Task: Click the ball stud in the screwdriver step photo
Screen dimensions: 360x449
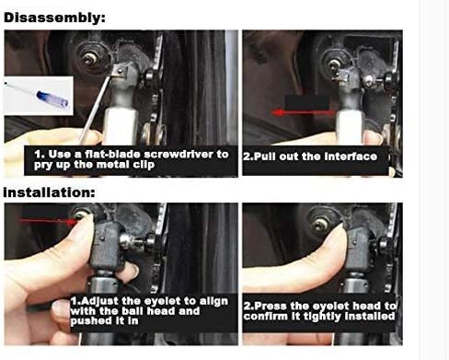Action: (92, 56)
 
